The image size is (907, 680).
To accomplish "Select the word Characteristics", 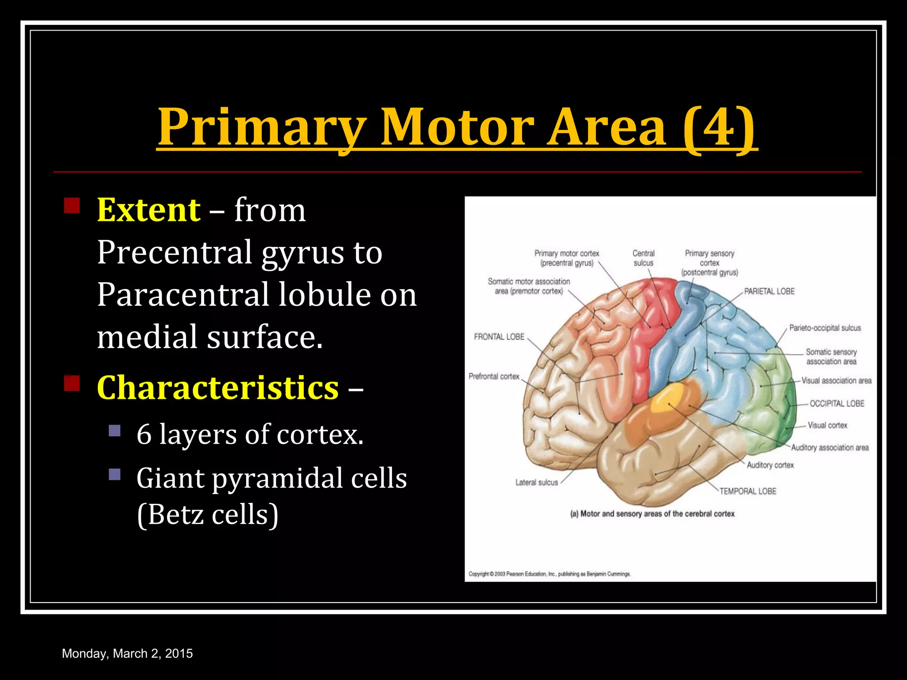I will tap(218, 387).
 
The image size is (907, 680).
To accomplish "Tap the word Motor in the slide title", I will tap(458, 127).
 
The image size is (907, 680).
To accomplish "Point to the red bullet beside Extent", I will tap(72, 205).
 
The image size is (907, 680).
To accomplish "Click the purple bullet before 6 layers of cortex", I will tap(115, 430).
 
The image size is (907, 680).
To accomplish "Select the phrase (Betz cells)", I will tap(208, 514).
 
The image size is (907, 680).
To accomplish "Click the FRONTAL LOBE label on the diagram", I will tap(499, 337).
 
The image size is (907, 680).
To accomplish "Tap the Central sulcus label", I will tap(643, 258).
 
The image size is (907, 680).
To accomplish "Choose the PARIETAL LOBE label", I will tap(769, 291).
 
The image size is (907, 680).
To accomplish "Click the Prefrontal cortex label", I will tap(494, 376).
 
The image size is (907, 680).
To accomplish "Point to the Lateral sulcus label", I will tap(536, 483).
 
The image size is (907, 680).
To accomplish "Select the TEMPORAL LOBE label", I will tap(748, 491).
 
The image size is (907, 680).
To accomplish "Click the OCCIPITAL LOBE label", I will tap(837, 403).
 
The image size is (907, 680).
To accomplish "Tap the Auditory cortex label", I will tap(770, 465).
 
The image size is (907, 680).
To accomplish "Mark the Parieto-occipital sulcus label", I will tap(825, 328).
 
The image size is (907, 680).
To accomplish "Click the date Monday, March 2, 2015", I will tap(128, 653).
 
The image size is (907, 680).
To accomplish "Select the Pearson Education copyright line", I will tap(549, 574).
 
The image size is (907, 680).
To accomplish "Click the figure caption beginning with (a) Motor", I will tap(652, 514).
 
